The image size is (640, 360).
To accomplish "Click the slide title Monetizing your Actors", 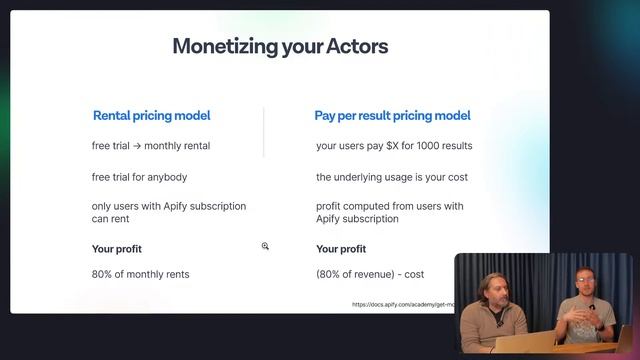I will pos(280,46).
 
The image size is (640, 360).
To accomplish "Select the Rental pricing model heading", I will pos(151,116).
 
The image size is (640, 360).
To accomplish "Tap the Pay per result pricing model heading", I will pos(392,116).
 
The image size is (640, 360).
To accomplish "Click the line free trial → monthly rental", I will pos(151,146).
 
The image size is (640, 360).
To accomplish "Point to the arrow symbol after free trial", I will pos(140,146).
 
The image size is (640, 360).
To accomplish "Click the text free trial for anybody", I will pos(139,177).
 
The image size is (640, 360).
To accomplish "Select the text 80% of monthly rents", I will pos(140,274).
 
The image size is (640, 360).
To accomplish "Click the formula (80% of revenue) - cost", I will pos(369,274).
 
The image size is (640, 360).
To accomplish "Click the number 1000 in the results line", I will pos(431,146).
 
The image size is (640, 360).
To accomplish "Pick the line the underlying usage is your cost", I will pos(392,177).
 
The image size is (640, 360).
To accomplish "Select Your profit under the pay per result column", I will pos(342,248).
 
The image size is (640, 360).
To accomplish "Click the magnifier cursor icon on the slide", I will pos(265,246).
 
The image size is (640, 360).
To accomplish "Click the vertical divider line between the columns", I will pos(264,132).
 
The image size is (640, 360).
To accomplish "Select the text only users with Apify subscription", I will pos(168,206).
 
